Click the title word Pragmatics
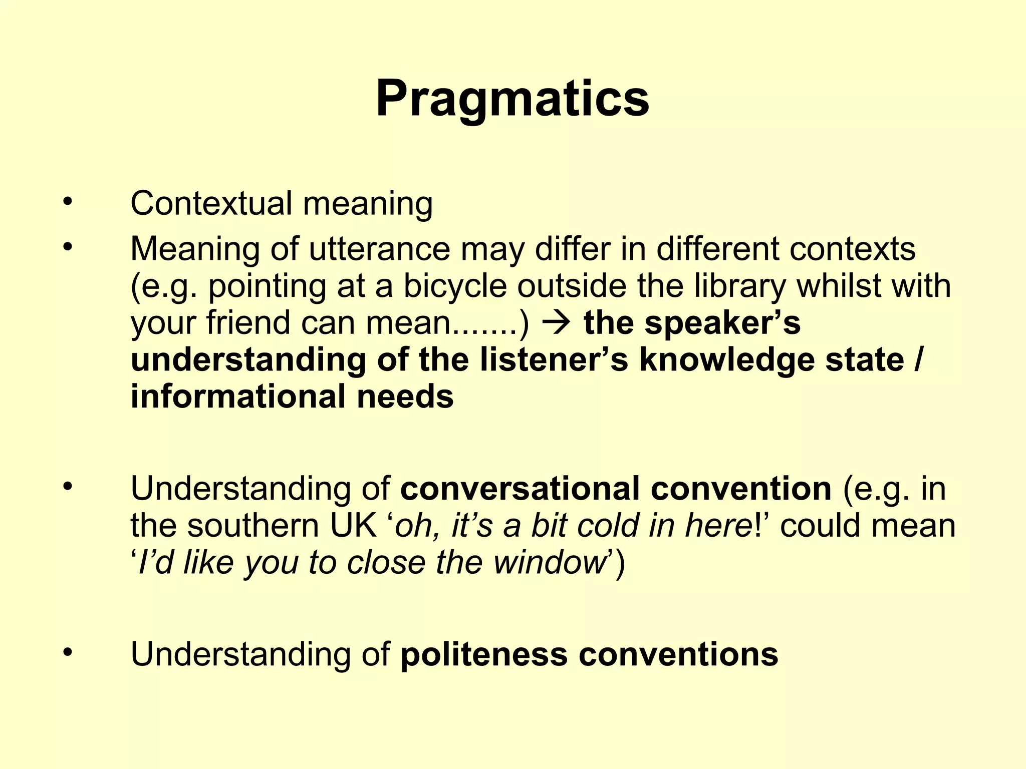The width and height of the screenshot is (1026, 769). (x=512, y=99)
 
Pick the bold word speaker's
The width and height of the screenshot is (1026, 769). (x=722, y=323)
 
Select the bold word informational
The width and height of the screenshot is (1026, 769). (x=237, y=397)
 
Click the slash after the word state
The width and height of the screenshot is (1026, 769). (x=918, y=360)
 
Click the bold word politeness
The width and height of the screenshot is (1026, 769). (x=484, y=654)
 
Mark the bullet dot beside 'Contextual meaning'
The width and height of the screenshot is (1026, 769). (x=68, y=202)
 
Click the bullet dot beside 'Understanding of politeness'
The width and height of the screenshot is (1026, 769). (x=68, y=653)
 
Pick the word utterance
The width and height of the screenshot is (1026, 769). (x=379, y=249)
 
